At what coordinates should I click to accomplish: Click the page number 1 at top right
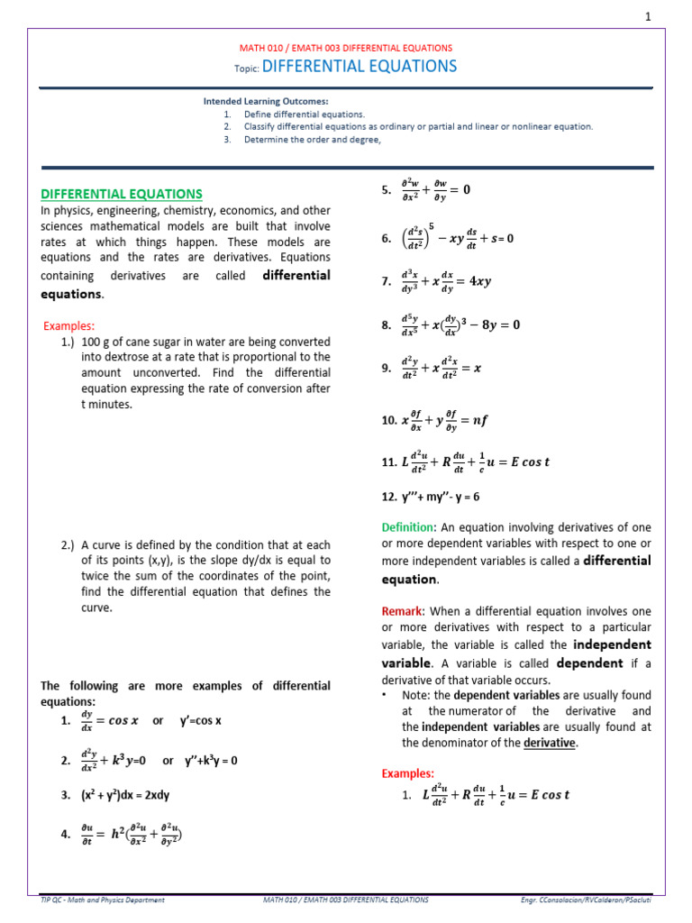coord(672,17)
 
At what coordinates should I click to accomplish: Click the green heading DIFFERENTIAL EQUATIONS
coord(122,194)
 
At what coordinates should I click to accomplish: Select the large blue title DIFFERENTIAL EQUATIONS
coord(360,67)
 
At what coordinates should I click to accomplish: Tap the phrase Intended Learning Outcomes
coord(266,102)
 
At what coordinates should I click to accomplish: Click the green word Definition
coord(408,526)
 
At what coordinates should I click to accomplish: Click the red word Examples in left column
coord(69,325)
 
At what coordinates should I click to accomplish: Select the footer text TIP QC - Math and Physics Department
coord(104,900)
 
